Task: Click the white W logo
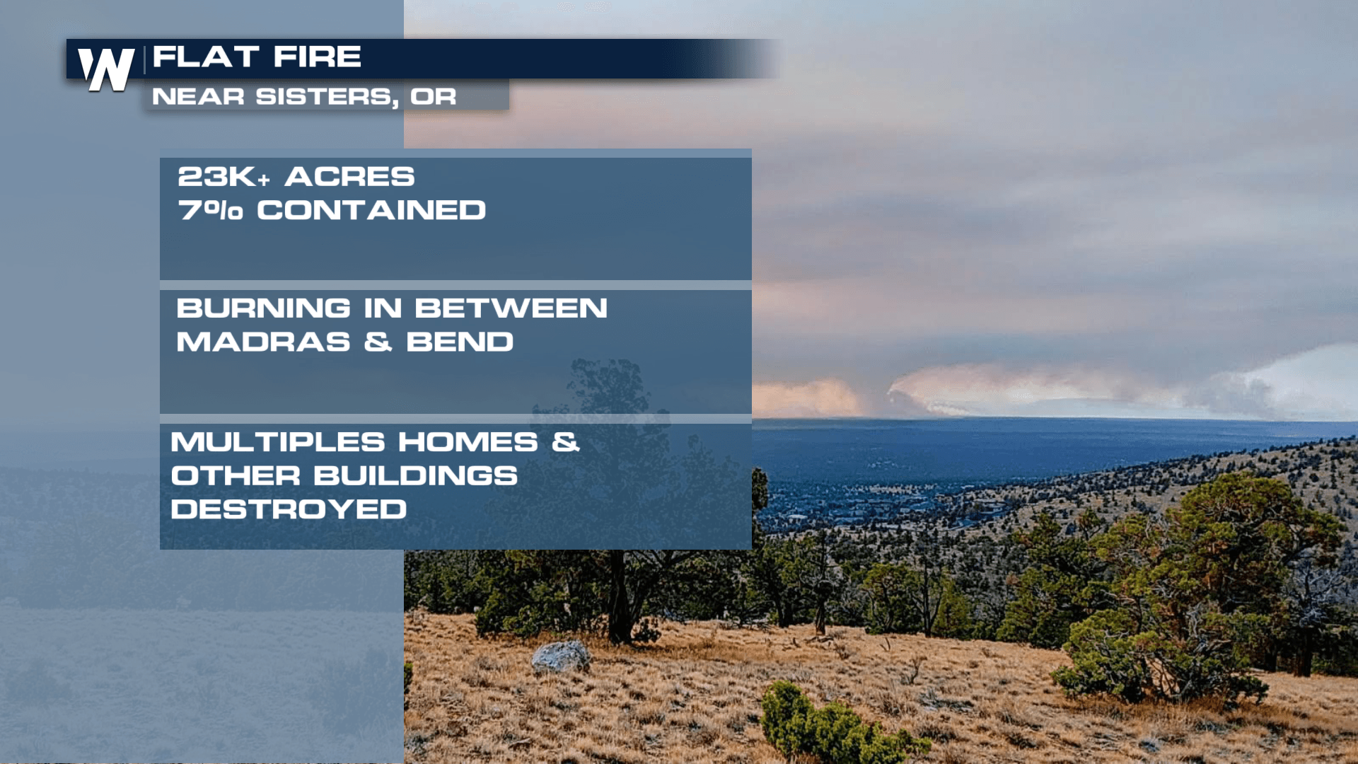click(x=106, y=69)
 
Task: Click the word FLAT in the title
click(x=206, y=57)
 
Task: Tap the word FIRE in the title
click(x=318, y=57)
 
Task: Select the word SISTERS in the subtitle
click(x=327, y=97)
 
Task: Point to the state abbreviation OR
click(x=434, y=96)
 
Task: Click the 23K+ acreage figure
click(x=224, y=177)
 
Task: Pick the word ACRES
click(x=349, y=177)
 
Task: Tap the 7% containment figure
click(x=210, y=210)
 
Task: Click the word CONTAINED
click(x=371, y=210)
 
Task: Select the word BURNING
click(x=263, y=308)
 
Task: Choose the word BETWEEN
click(x=511, y=308)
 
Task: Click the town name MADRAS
click(x=263, y=342)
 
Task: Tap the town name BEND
click(x=460, y=342)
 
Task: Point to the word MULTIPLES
click(x=278, y=442)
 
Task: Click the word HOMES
click(x=468, y=442)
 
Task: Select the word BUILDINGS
click(x=415, y=476)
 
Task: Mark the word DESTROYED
click(x=289, y=509)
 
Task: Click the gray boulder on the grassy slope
click(x=561, y=656)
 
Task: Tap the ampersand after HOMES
click(x=566, y=442)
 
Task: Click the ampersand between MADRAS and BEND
click(x=378, y=342)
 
